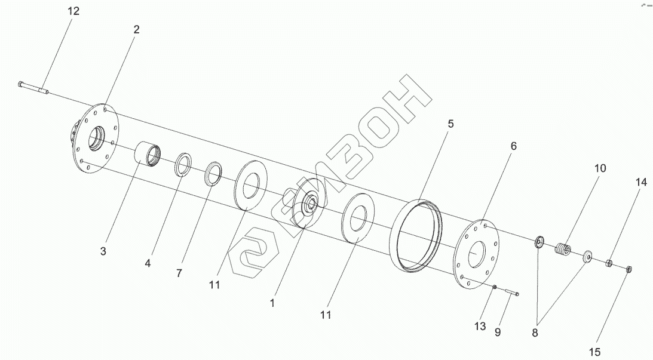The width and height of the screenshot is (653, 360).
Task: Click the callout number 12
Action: (x=73, y=11)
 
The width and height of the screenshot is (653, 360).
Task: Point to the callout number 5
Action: (x=451, y=124)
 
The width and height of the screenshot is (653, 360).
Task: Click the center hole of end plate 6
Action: (x=477, y=256)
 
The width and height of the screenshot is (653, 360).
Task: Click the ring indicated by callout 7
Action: (x=213, y=173)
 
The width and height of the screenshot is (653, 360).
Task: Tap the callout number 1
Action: (x=272, y=303)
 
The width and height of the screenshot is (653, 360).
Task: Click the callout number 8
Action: (x=535, y=333)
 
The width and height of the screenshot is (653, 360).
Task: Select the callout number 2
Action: (x=136, y=29)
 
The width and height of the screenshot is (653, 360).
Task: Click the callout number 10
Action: (x=599, y=168)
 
